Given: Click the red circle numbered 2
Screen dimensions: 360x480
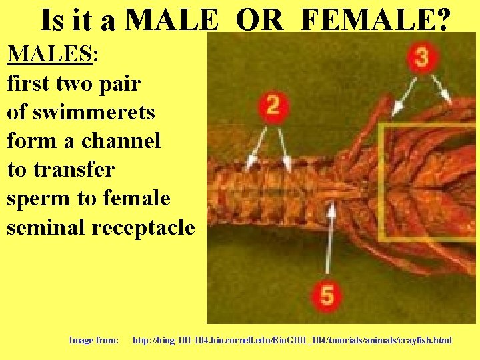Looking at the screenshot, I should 272,107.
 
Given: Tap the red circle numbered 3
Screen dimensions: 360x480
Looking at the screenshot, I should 421,58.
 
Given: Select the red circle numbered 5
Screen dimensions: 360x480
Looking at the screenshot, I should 327,293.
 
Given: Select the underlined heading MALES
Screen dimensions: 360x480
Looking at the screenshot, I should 49,53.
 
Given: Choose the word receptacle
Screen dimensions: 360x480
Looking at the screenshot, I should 143,227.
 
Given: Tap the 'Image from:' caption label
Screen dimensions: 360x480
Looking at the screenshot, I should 94,340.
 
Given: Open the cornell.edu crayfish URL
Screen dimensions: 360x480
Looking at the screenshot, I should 292,340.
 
